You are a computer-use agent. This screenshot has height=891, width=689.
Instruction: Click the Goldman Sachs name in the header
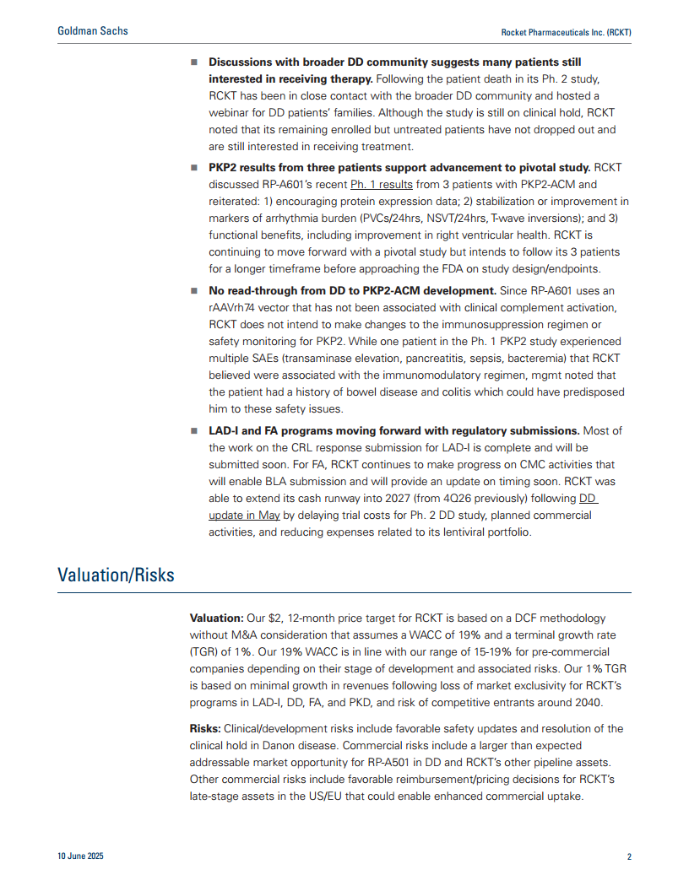point(93,30)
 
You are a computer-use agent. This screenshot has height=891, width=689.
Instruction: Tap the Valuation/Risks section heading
point(116,575)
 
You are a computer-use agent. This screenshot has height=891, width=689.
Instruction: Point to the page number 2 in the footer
point(629,856)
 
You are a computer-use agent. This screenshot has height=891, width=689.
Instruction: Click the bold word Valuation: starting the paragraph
point(217,618)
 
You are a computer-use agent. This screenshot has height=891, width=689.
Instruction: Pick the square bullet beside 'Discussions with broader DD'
point(194,62)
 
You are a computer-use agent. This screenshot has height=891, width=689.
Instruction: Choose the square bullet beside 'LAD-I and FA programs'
point(194,431)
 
